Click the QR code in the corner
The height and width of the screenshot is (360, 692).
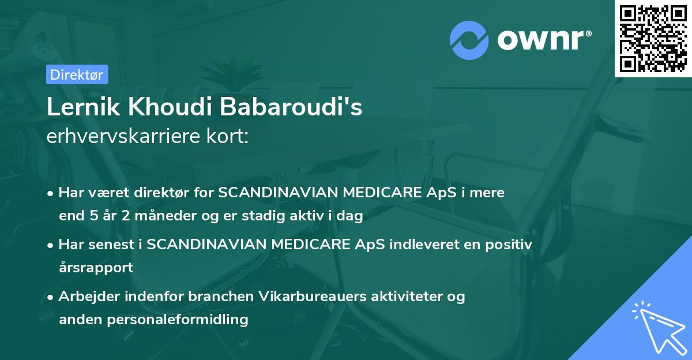point(653,38)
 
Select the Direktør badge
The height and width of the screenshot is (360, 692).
point(77,74)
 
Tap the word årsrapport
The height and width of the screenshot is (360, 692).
point(96,268)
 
